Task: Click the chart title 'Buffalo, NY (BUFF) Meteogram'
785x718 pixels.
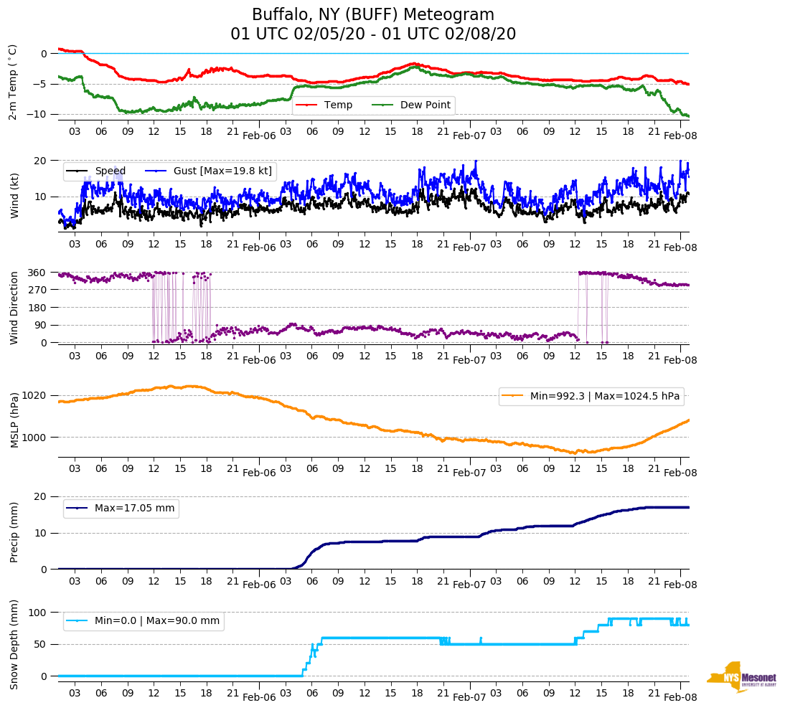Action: tap(372, 15)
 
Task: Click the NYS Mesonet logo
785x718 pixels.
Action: tap(742, 676)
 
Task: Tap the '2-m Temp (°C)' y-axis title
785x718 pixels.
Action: tap(13, 82)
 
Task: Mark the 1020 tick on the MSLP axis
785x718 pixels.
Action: tap(35, 396)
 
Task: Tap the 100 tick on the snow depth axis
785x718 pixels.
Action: tap(38, 613)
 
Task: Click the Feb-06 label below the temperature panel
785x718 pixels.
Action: tap(259, 136)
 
